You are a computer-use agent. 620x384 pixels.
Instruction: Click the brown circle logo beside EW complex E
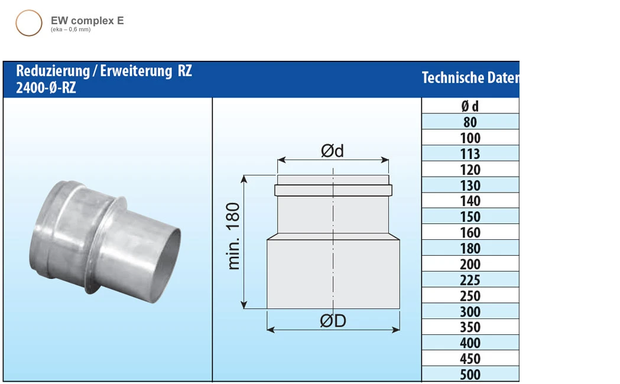tap(28, 23)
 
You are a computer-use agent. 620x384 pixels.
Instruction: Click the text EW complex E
tap(87, 21)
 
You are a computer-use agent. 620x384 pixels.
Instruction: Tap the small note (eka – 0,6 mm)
tap(70, 30)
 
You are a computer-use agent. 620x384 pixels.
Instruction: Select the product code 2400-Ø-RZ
tap(46, 88)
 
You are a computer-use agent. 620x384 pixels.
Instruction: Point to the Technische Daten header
tap(470, 78)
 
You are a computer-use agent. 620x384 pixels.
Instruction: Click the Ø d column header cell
tap(470, 106)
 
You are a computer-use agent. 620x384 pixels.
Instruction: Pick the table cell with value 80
tap(470, 122)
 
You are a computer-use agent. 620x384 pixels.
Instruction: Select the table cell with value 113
tap(470, 154)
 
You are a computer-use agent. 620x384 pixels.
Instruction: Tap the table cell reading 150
tap(470, 217)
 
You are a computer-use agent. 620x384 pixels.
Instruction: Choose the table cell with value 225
tap(470, 280)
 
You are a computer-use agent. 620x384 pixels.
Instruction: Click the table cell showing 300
tap(470, 311)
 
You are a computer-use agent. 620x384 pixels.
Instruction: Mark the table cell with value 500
tap(470, 375)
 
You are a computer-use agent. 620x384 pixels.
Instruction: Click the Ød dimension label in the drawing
tap(332, 151)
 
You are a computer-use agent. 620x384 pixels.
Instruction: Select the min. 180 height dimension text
tap(234, 236)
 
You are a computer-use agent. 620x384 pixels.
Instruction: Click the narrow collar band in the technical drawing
tap(333, 190)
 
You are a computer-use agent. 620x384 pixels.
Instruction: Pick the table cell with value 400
tap(470, 343)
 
